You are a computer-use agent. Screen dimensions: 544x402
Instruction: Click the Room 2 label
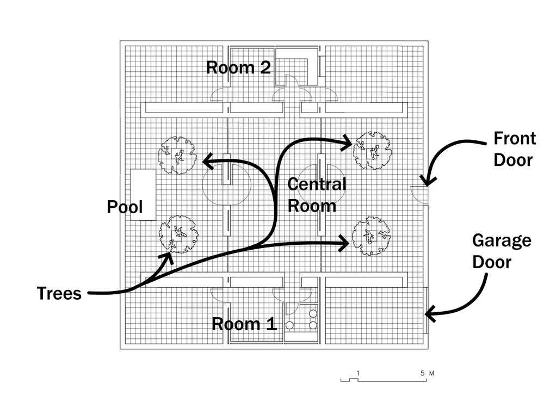[x=238, y=67]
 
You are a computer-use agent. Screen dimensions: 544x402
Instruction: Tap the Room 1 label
[x=244, y=324]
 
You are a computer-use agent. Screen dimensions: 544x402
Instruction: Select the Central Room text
[x=317, y=195]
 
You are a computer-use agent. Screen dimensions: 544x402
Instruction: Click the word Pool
[x=125, y=207]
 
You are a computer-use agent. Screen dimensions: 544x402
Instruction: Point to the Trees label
[x=59, y=293]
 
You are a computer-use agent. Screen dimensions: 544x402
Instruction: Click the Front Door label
[x=515, y=149]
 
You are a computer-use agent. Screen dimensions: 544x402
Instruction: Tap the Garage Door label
[x=502, y=251]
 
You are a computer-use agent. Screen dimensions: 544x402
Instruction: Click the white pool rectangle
[x=143, y=195]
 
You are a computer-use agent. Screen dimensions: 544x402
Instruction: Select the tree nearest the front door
[x=372, y=150]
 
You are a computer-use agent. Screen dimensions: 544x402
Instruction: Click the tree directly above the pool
[x=177, y=155]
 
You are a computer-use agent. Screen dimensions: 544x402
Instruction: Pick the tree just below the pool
[x=178, y=234]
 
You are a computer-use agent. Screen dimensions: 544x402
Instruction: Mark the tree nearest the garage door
[x=371, y=236]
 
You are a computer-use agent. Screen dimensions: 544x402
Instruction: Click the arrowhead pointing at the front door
[x=428, y=181]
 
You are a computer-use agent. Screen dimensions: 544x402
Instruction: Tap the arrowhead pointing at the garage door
[x=430, y=314]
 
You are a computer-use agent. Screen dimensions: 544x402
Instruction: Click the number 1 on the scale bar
[x=358, y=373]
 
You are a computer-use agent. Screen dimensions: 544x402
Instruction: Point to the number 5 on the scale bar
[x=422, y=373]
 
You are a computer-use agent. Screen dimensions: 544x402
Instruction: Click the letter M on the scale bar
[x=431, y=373]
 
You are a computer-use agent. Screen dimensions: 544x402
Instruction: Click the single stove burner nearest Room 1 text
[x=290, y=325]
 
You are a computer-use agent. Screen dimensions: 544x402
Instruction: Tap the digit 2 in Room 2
[x=265, y=67]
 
